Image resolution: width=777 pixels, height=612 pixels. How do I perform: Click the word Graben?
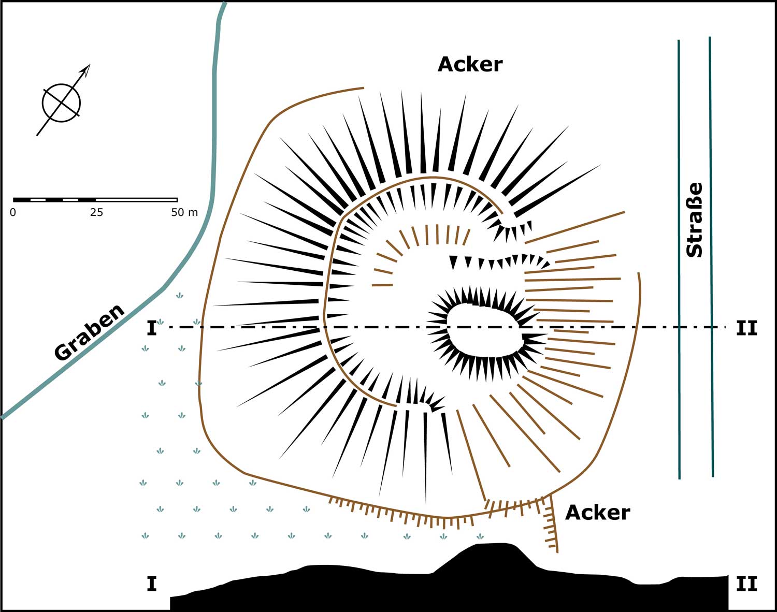coord(90,332)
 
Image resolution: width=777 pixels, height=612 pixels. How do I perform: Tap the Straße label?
coord(694,220)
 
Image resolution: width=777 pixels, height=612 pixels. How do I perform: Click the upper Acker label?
coord(470,64)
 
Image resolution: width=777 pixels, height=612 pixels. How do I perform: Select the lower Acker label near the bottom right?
coord(597,512)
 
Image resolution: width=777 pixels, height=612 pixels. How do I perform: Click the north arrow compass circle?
coord(61,103)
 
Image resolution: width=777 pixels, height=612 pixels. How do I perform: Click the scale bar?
coord(95,199)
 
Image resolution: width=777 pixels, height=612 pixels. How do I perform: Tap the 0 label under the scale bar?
coord(13,212)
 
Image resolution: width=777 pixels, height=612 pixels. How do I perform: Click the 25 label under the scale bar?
coord(96,212)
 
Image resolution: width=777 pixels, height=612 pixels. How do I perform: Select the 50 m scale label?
coord(184,212)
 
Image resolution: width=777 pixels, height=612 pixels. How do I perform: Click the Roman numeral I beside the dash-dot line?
coord(151,328)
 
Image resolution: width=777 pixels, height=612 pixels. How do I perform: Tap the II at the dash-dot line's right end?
coord(746,328)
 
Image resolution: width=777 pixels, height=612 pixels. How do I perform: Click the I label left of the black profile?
coord(151,584)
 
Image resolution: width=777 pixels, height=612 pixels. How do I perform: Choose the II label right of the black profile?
coord(746,584)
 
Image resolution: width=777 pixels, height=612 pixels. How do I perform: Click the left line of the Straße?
coord(679,259)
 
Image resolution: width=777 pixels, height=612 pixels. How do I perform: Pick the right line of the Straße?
coord(711,259)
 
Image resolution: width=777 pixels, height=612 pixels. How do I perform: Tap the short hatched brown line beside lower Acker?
coord(553,523)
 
